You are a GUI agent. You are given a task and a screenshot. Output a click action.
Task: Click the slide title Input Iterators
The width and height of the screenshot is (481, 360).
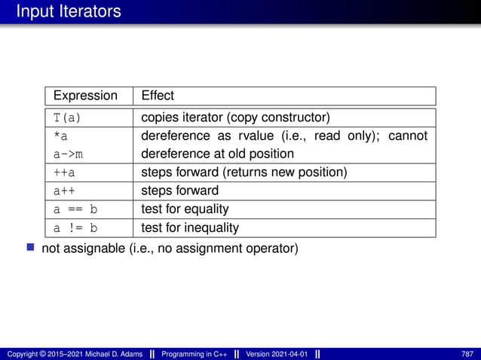click(68, 11)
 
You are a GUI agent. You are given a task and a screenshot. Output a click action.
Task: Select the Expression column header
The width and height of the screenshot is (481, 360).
click(86, 96)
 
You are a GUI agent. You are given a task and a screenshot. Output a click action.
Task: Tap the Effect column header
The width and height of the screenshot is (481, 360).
click(158, 96)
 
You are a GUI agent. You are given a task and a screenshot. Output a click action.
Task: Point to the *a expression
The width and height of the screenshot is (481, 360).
click(60, 136)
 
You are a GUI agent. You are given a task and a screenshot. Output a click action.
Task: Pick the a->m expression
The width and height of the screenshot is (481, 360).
click(68, 154)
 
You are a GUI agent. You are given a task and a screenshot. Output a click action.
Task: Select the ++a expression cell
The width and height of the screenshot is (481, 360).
click(64, 172)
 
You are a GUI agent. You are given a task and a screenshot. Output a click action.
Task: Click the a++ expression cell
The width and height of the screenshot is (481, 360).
click(64, 191)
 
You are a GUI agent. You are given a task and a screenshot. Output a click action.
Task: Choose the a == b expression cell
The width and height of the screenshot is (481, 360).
click(75, 209)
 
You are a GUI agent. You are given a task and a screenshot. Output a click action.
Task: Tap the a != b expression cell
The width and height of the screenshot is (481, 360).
click(75, 227)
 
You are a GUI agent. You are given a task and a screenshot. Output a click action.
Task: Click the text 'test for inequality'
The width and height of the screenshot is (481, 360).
click(190, 227)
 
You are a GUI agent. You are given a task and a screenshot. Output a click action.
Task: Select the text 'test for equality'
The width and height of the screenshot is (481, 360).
click(185, 209)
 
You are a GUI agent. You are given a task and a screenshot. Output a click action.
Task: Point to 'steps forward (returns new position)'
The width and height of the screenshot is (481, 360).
click(244, 172)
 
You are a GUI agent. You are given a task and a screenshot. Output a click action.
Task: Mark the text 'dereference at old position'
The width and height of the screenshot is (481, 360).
click(217, 154)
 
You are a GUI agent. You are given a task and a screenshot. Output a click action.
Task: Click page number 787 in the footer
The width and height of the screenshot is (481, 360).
click(467, 354)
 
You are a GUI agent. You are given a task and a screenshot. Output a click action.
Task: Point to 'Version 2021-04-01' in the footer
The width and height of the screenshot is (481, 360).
click(276, 354)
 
